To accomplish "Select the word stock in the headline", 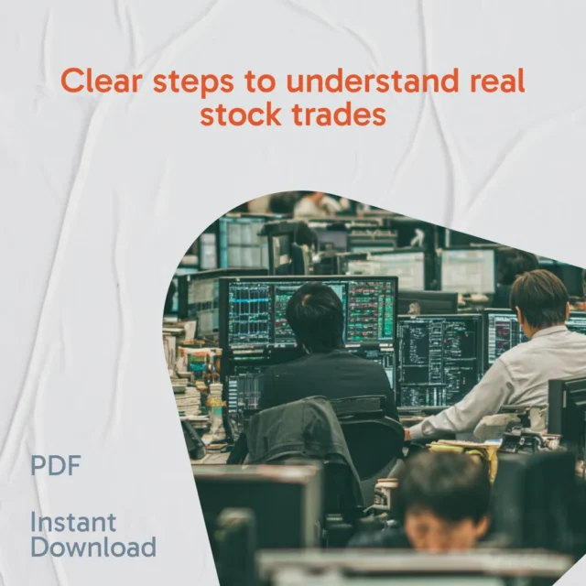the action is [x=241, y=114].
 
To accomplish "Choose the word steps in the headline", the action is [x=193, y=81].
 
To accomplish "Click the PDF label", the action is [x=55, y=465].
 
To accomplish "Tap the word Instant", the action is [x=73, y=522].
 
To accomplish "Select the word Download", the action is [x=93, y=547].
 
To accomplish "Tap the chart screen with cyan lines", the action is [x=249, y=314].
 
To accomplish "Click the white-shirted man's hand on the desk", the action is [x=408, y=434].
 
